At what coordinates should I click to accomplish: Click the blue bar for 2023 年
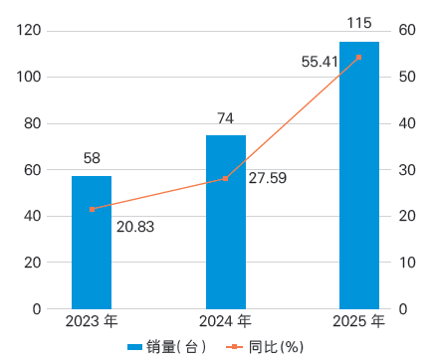92,242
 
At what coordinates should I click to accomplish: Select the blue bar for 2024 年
226,221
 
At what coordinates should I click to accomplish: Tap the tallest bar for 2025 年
359,175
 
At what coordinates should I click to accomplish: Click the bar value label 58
92,157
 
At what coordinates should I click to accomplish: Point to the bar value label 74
226,117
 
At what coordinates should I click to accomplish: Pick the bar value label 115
359,22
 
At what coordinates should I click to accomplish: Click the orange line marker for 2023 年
92,209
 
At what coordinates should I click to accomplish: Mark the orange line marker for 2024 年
226,178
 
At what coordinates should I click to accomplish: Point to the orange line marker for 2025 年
359,57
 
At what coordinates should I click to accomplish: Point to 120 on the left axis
30,31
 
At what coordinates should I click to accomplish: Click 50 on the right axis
405,77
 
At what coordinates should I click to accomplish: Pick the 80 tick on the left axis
34,123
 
